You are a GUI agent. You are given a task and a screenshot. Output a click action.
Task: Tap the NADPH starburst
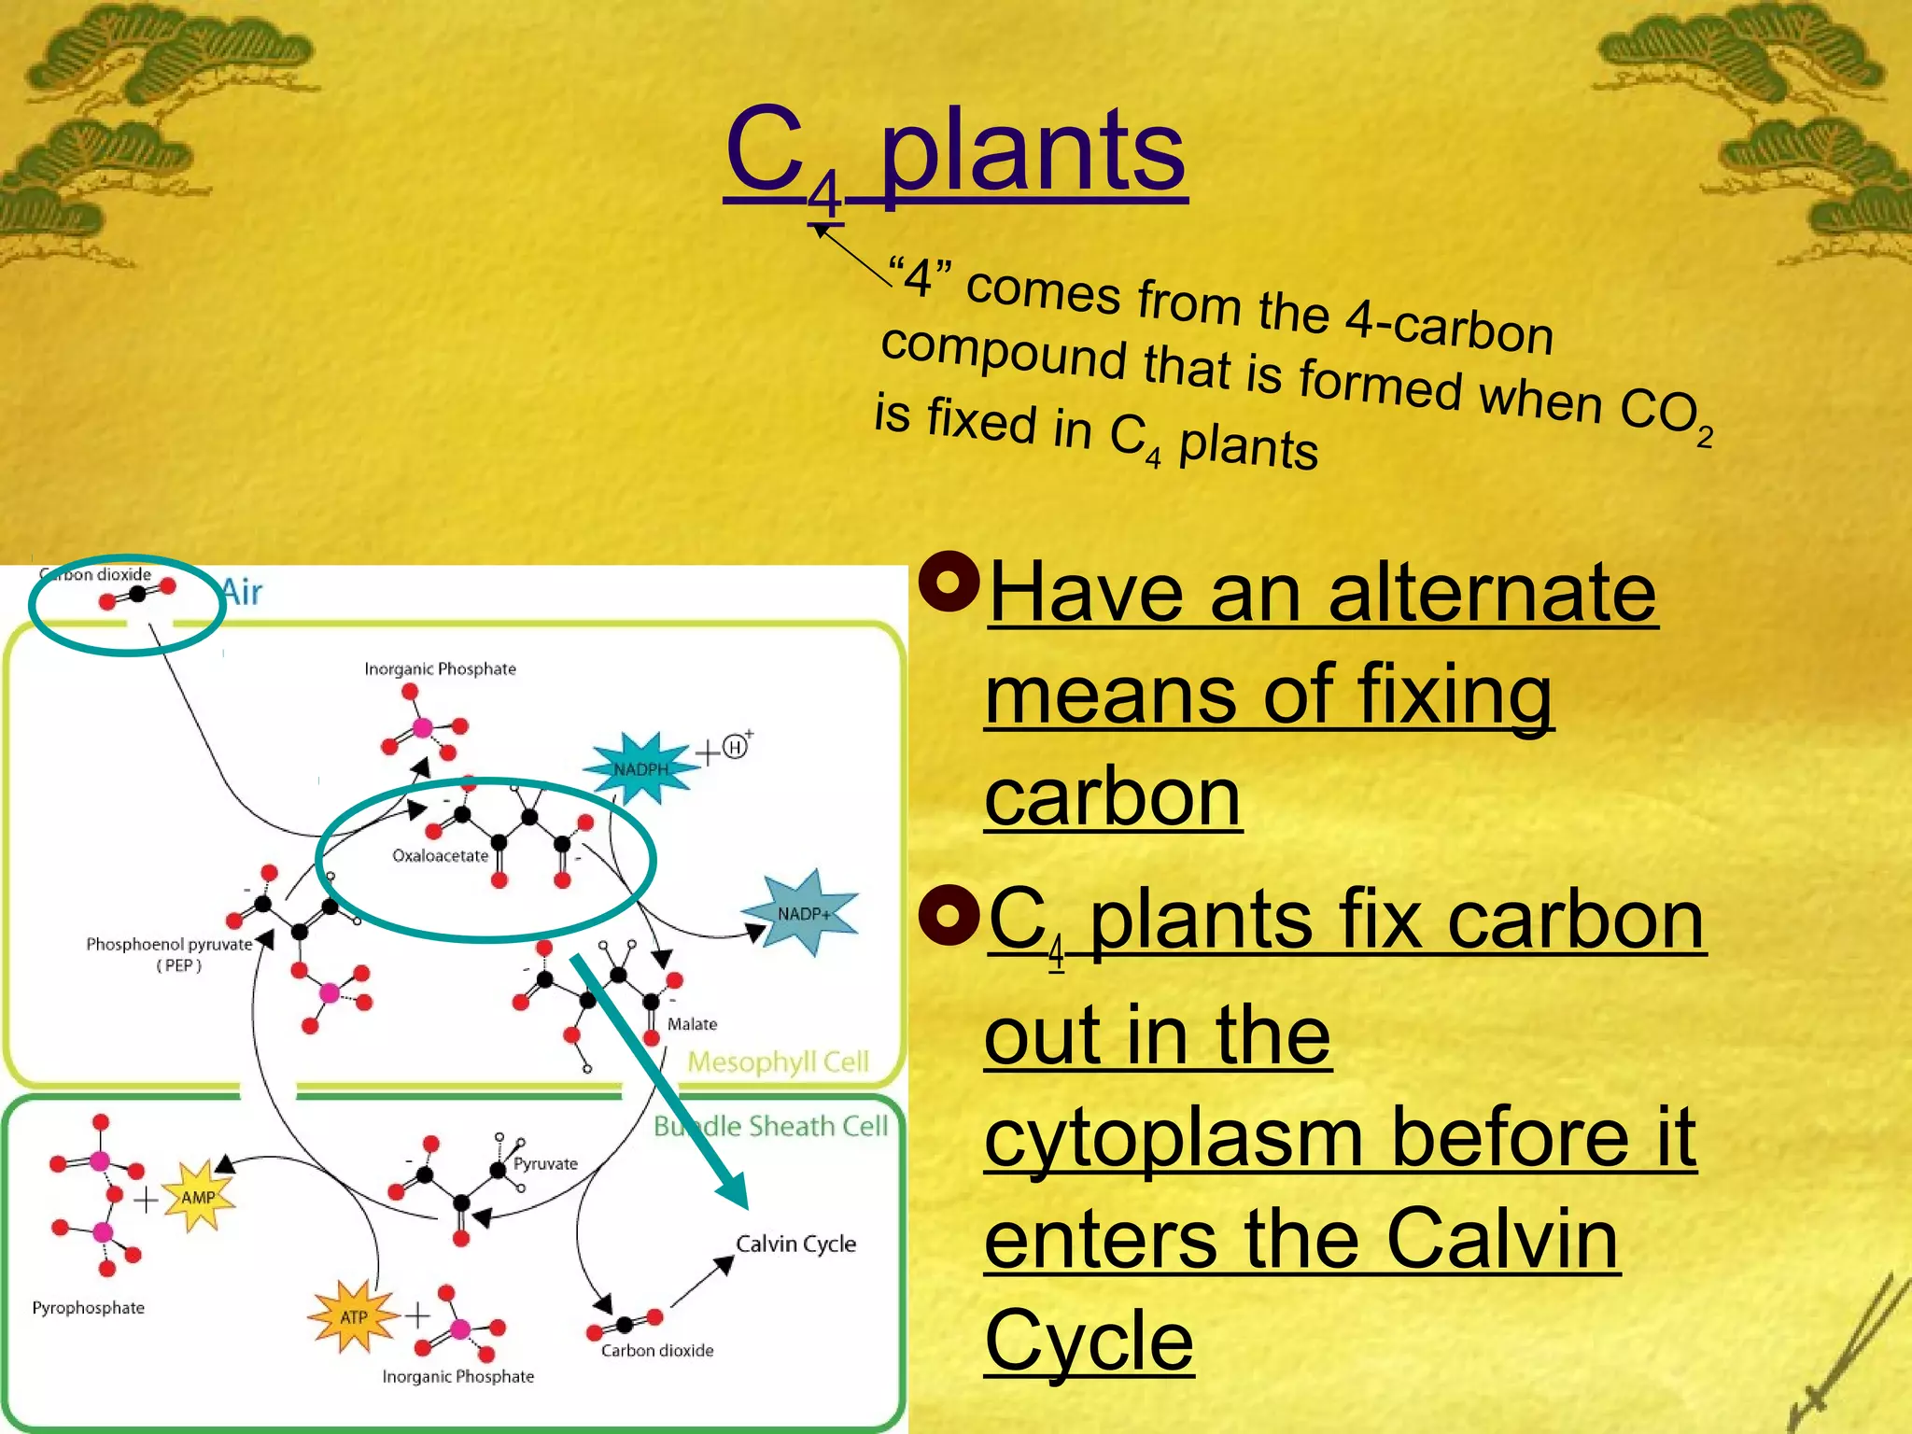pos(641,768)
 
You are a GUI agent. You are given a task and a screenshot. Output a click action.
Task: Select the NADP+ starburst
pos(802,913)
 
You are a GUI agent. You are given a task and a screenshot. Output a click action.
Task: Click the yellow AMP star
pos(198,1198)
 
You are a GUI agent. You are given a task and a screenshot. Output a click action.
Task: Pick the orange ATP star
pos(353,1316)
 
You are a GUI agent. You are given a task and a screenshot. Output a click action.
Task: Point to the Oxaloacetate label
pos(440,856)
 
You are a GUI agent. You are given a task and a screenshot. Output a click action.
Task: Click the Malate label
pos(692,1024)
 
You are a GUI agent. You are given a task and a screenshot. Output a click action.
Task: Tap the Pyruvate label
pos(545,1164)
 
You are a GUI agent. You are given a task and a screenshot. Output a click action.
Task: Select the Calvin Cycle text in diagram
pos(795,1244)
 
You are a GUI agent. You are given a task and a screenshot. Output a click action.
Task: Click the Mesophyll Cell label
pos(778,1062)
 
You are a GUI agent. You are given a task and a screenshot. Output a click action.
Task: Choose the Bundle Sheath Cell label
pos(770,1127)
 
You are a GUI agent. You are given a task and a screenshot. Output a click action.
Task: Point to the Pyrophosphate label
pos(89,1308)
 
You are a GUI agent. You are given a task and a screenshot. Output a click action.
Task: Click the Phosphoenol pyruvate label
pos(170,945)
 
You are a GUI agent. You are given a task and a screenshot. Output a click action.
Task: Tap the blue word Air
pos(242,592)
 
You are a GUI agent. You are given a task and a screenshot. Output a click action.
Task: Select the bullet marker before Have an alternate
pos(949,582)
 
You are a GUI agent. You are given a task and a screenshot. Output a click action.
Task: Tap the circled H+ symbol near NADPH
pos(736,748)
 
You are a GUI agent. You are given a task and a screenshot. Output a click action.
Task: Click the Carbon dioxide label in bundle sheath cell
pos(657,1351)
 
